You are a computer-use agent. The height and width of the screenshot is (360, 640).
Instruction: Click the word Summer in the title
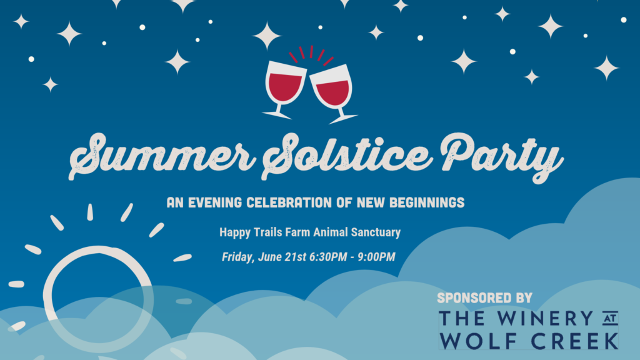point(162,156)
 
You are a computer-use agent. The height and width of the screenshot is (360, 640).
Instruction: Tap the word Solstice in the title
point(346,156)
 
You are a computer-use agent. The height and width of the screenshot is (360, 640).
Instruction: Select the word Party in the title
point(502,157)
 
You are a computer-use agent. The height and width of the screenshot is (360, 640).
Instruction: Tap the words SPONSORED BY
point(484,298)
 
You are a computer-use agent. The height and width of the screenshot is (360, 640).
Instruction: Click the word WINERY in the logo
point(545,318)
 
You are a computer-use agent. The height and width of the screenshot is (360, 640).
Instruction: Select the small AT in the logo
point(611,319)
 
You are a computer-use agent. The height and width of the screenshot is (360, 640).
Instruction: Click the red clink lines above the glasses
point(311,55)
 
